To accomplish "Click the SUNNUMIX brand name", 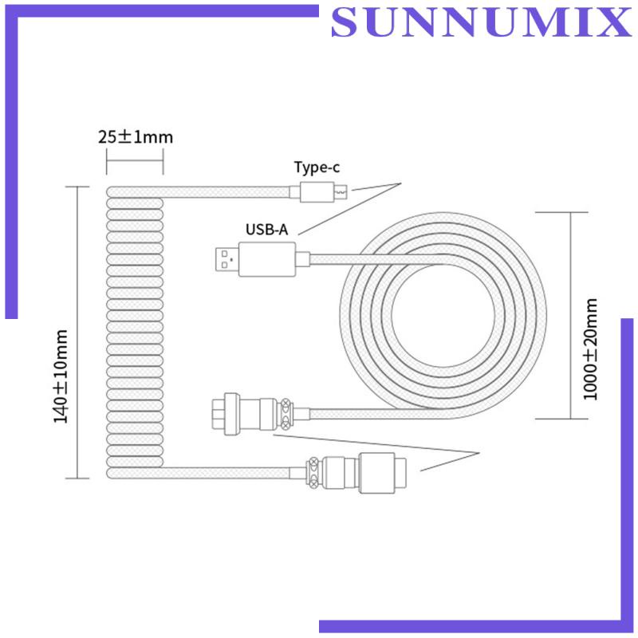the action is [482, 22].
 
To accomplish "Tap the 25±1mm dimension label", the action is [136, 136].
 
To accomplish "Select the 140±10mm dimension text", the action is [61, 376].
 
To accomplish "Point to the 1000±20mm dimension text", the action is [590, 349].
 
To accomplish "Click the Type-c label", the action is [317, 167].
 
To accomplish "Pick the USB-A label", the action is [266, 230].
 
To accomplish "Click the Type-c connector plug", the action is [317, 191].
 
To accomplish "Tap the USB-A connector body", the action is [267, 259].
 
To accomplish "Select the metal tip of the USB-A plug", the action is [226, 259].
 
